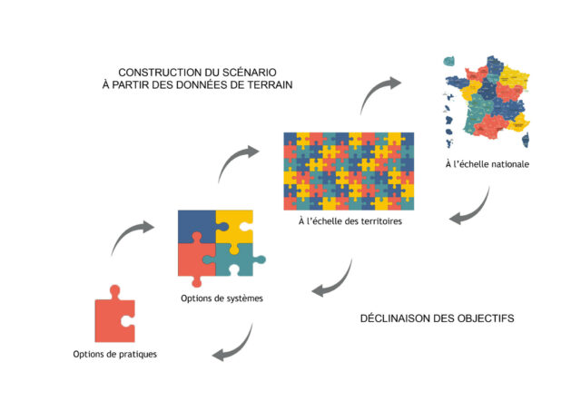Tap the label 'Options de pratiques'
115,354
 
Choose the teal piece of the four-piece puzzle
238,261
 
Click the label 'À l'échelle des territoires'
349,220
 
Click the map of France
487,101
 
